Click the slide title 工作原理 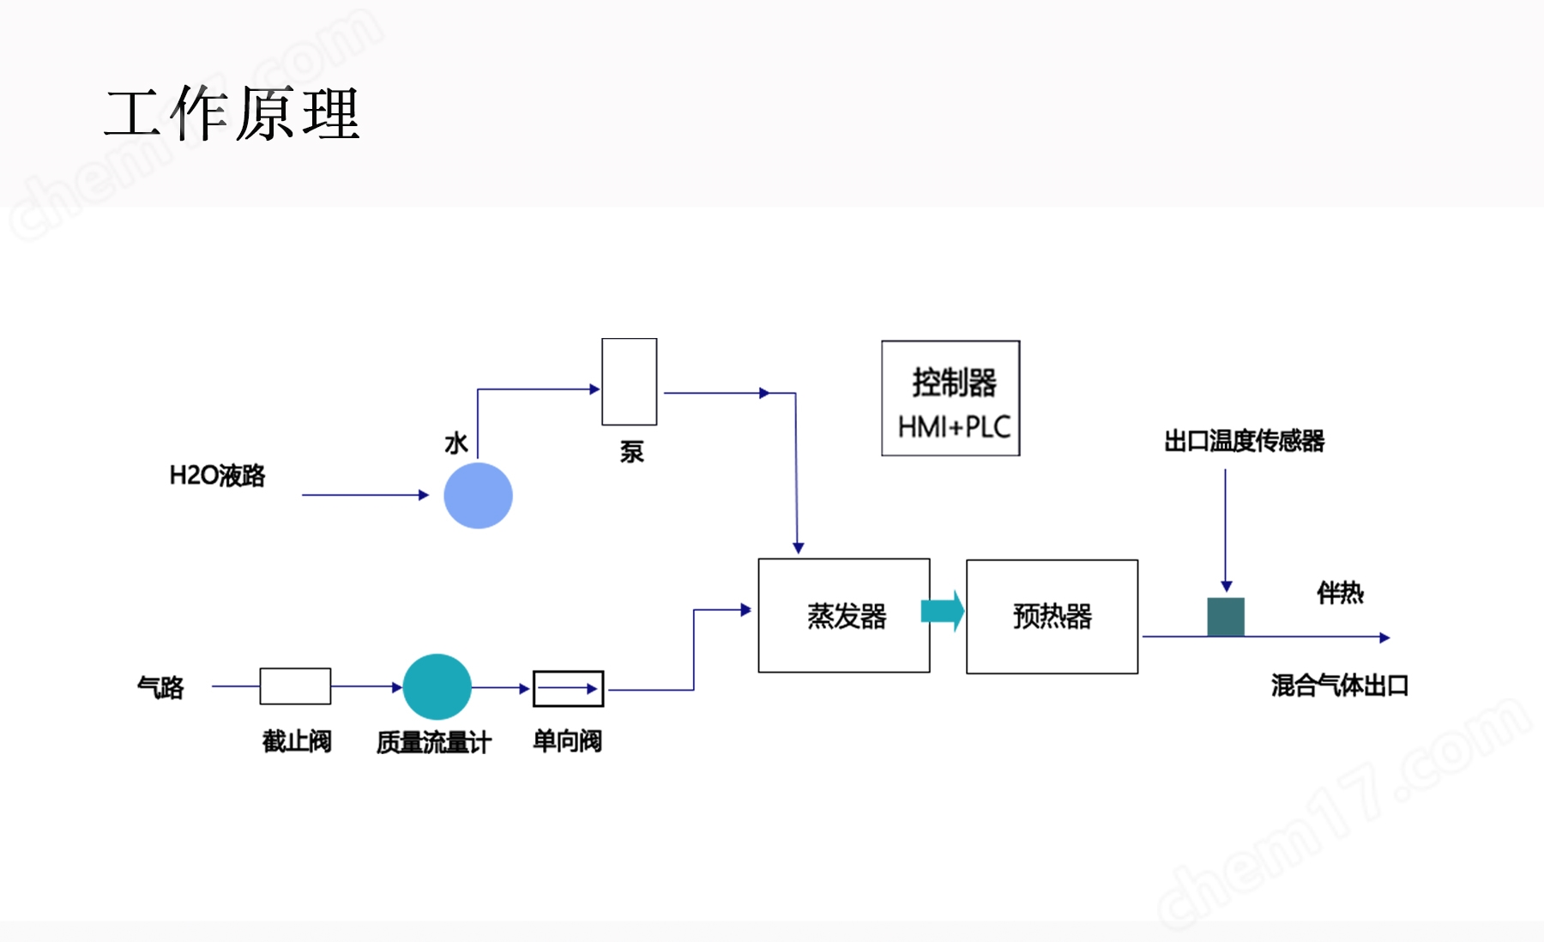[x=232, y=113]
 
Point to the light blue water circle [x=478, y=495]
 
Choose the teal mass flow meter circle [x=437, y=686]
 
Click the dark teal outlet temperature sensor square [x=1226, y=617]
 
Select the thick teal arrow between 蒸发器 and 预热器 [x=942, y=612]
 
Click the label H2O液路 [x=217, y=475]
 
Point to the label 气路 [x=160, y=687]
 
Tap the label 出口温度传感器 [x=1244, y=441]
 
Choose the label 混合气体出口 [x=1340, y=685]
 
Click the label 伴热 [x=1340, y=593]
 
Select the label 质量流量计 [x=434, y=742]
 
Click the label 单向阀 [x=567, y=740]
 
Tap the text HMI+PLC [x=954, y=426]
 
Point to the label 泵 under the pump [x=632, y=452]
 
